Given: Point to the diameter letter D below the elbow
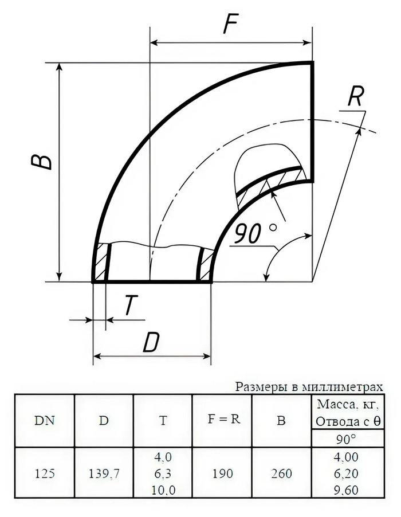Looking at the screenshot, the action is click(152, 343).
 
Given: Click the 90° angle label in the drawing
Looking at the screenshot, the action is click(255, 233).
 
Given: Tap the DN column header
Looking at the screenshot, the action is click(45, 420).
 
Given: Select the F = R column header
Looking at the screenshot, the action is click(223, 418).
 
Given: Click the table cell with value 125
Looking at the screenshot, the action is click(45, 473).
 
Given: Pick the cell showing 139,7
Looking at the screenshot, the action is click(104, 474).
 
